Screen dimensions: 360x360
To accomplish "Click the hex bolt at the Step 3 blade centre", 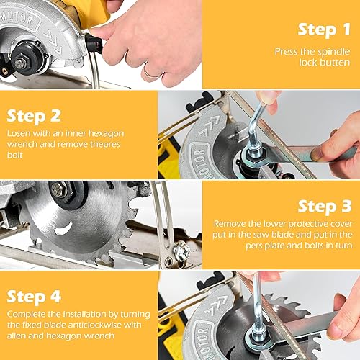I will pyautogui.click(x=59, y=191).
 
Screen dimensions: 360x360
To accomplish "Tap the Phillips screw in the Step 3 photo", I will pyautogui.click(x=182, y=252).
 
